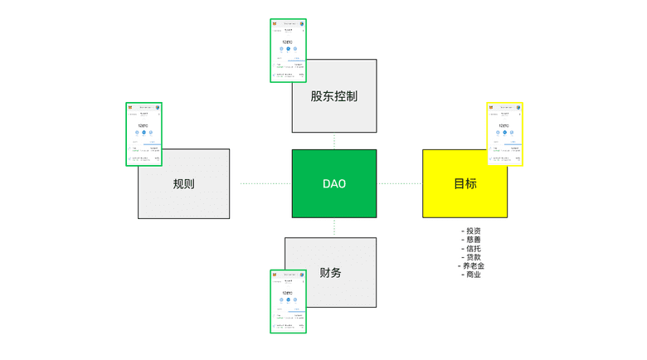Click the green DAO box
click(333, 199)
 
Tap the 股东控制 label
click(333, 96)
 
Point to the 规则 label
click(183, 184)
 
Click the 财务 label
click(330, 272)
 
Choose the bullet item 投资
click(472, 231)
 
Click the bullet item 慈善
click(472, 240)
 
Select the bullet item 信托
click(472, 248)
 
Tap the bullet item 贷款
click(472, 257)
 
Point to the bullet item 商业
click(472, 275)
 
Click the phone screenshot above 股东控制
click(288, 50)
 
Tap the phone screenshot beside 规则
click(144, 134)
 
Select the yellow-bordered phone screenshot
click(504, 134)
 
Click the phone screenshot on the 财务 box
click(288, 301)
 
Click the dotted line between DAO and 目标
click(400, 183)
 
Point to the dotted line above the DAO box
click(334, 141)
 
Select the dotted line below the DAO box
click(334, 227)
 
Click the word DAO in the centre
click(333, 183)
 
